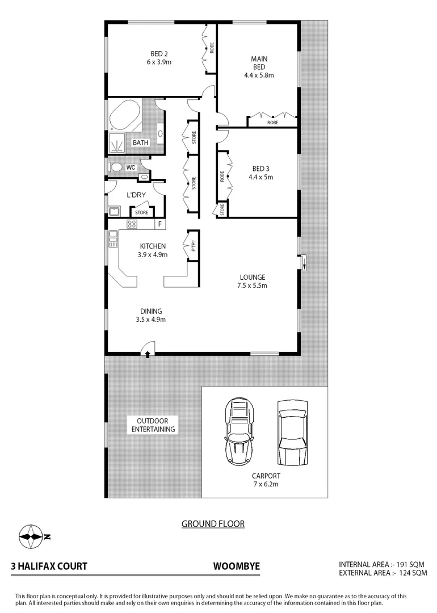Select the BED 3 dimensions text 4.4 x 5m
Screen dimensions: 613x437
click(260, 177)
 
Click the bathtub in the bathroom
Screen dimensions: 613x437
click(124, 116)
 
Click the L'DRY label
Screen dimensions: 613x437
click(136, 195)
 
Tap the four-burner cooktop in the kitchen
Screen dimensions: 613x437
click(132, 224)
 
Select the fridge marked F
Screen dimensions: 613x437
click(160, 224)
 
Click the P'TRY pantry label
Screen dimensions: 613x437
click(193, 246)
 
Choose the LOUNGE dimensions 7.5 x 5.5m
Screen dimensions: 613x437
click(253, 285)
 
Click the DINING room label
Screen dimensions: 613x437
click(152, 311)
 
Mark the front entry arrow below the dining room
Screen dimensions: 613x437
click(148, 354)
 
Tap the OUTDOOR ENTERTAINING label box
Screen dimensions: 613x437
click(153, 425)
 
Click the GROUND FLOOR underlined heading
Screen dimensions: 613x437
click(213, 523)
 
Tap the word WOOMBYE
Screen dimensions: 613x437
click(236, 566)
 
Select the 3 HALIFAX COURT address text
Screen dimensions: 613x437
click(49, 566)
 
